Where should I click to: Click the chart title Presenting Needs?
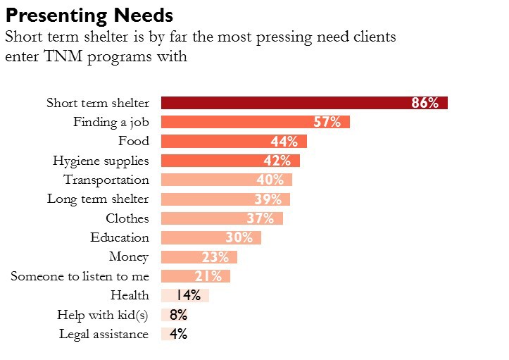89,15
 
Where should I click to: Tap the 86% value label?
425,103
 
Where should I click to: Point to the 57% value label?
327,122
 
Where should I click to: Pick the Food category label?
134,141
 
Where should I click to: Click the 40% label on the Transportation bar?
270,180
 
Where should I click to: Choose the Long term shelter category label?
98,199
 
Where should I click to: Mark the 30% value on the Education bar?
239,237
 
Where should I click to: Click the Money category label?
129,256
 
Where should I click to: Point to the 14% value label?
189,295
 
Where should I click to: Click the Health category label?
130,295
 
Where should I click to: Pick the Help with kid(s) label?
103,315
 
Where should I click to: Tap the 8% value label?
178,315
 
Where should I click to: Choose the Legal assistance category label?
103,334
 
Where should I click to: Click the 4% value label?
178,334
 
